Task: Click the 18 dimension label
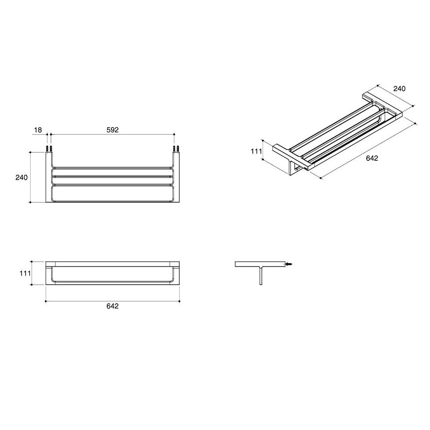click(38, 130)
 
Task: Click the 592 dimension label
click(112, 130)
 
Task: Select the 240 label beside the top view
click(21, 178)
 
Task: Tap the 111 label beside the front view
click(25, 273)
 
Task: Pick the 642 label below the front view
click(112, 306)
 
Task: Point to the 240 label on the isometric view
click(399, 89)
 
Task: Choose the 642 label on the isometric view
click(372, 158)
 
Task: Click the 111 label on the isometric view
click(256, 151)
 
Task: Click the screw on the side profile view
click(289, 264)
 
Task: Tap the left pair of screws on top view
click(49, 149)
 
